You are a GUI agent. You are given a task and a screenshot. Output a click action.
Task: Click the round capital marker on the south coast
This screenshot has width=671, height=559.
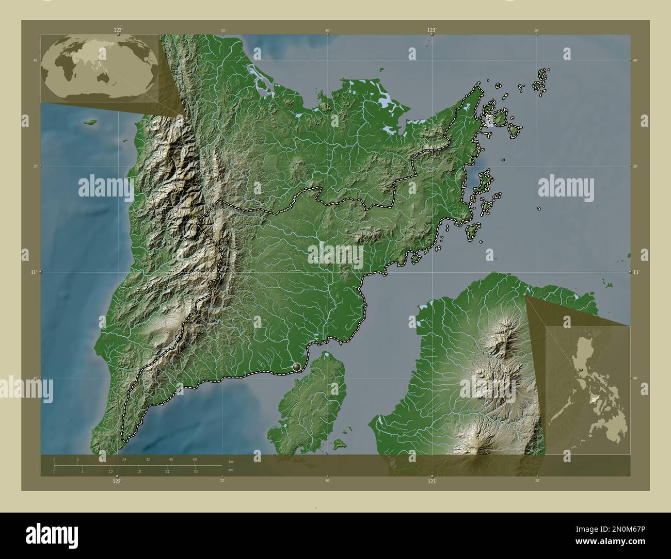[x=296, y=367]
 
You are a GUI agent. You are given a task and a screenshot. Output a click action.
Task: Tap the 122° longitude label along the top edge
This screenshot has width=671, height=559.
[x=118, y=30]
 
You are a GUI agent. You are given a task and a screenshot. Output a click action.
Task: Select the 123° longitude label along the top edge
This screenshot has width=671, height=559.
[x=432, y=30]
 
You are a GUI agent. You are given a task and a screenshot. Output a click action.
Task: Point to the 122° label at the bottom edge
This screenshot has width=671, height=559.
[x=118, y=481]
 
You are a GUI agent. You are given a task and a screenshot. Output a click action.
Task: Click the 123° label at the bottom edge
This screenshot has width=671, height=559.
[x=432, y=481]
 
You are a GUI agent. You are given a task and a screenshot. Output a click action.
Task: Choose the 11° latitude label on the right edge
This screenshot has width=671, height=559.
[x=636, y=271]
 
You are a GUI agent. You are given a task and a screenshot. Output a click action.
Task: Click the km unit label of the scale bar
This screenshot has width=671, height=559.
[x=231, y=462]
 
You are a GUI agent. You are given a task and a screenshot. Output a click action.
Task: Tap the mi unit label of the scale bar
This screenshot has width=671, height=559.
[x=231, y=470]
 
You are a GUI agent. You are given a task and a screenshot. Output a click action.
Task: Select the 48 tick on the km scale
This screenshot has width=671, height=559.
[x=195, y=459]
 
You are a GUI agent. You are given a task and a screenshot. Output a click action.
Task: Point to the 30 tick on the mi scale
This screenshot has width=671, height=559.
[x=195, y=471]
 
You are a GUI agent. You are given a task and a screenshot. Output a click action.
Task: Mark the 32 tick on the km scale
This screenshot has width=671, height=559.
[x=148, y=459]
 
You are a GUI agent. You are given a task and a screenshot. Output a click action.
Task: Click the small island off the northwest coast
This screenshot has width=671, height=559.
[x=91, y=122]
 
